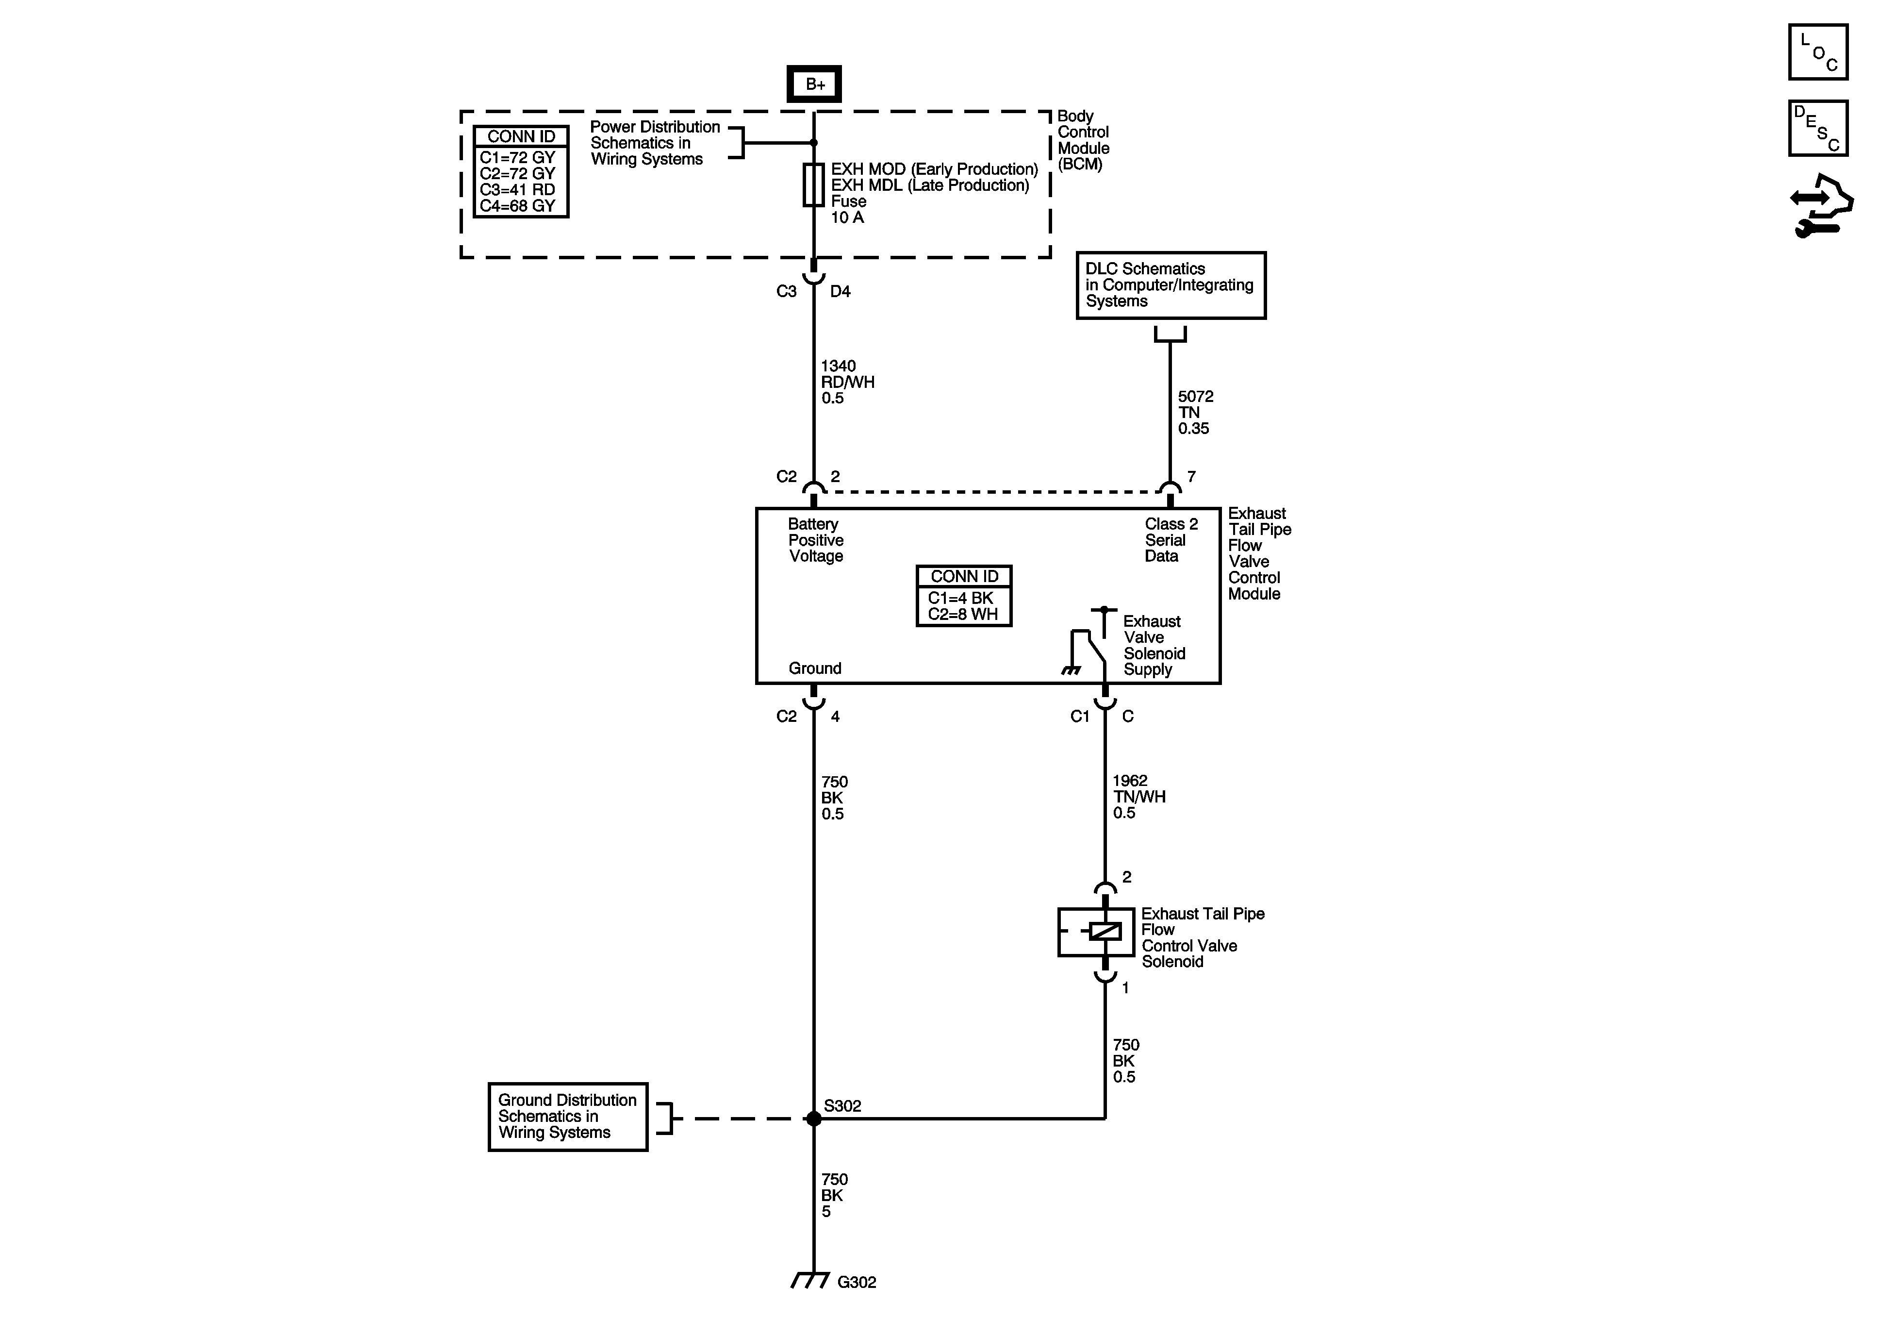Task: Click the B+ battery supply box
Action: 814,83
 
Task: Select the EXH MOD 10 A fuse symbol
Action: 813,184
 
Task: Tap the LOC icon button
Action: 1818,52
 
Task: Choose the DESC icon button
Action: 1818,128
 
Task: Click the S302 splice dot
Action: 813,1119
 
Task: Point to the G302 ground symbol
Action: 810,1281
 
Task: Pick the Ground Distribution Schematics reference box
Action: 567,1117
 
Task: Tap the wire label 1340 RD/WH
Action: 847,382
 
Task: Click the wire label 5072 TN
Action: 1195,412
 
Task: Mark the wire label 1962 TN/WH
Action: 1138,796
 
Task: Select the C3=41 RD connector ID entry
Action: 517,189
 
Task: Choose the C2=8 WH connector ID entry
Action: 963,615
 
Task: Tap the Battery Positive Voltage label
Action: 816,540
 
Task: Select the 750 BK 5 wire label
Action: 834,1195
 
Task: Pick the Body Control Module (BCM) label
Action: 1083,140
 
